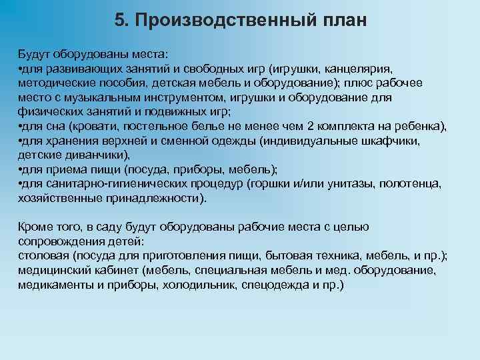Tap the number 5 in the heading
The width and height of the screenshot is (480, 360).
(119, 20)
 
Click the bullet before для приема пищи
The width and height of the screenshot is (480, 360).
(21, 170)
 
